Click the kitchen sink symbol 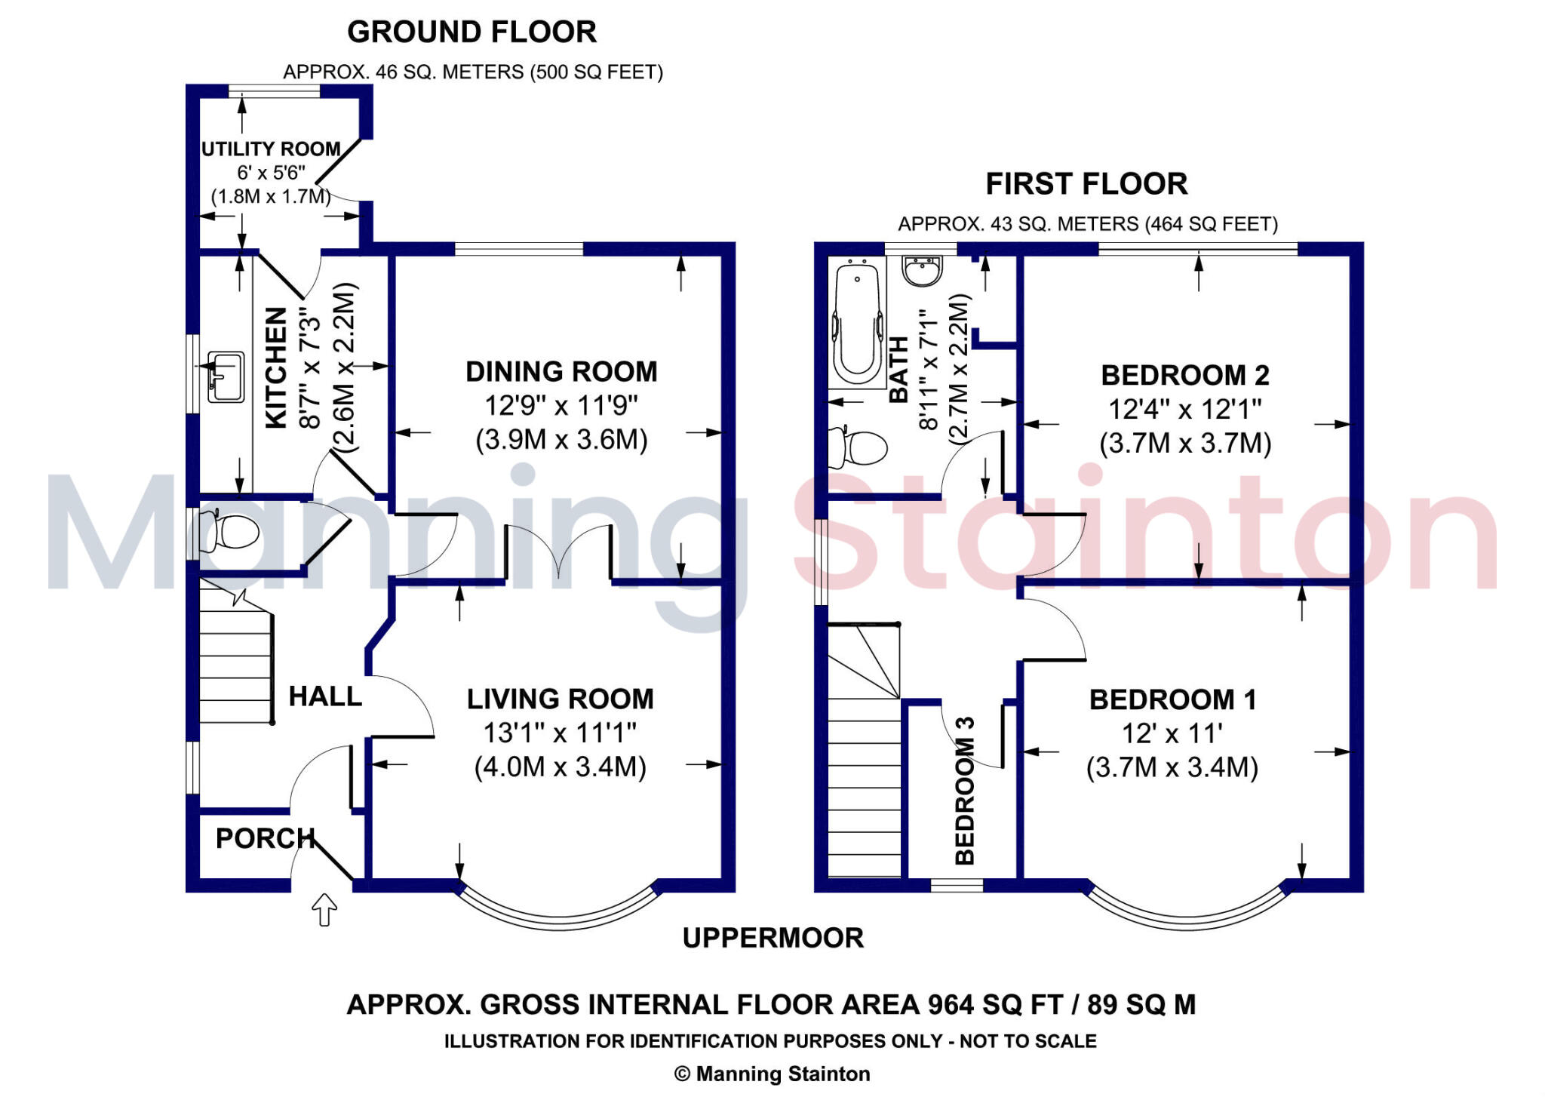pyautogui.click(x=226, y=376)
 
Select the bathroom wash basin pyautogui.click(x=922, y=271)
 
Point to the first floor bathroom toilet pyautogui.click(x=859, y=448)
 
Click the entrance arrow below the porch pyautogui.click(x=324, y=909)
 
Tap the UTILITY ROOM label pyautogui.click(x=271, y=149)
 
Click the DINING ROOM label pyautogui.click(x=561, y=372)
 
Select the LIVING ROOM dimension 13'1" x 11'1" pyautogui.click(x=560, y=733)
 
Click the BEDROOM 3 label pyautogui.click(x=965, y=790)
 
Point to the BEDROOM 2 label pyautogui.click(x=1184, y=375)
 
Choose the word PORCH pyautogui.click(x=265, y=838)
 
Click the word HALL pyautogui.click(x=325, y=696)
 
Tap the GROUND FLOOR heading pyautogui.click(x=471, y=32)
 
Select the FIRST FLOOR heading pyautogui.click(x=1086, y=184)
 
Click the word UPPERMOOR pyautogui.click(x=772, y=938)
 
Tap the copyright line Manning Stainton pyautogui.click(x=772, y=1074)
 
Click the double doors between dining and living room pyautogui.click(x=558, y=551)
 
